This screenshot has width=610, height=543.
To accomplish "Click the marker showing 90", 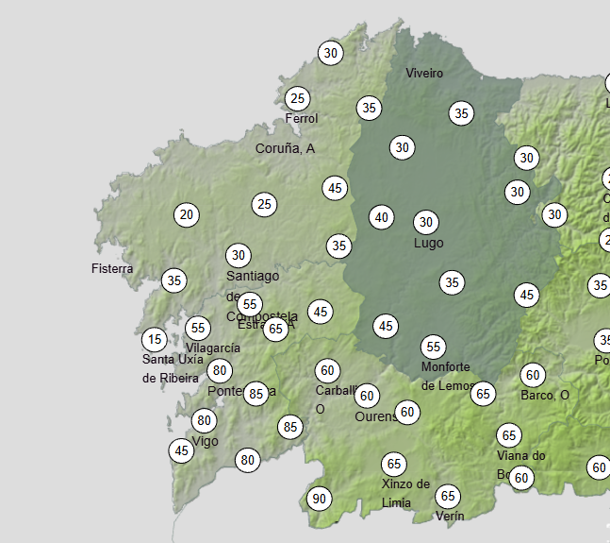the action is pyautogui.click(x=320, y=499).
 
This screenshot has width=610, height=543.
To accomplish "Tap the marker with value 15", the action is pyautogui.click(x=155, y=339).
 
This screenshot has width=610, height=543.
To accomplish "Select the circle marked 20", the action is pyautogui.click(x=187, y=214).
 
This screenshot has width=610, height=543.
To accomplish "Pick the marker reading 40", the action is pyautogui.click(x=381, y=217).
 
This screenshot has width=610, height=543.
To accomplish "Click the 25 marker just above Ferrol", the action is pyautogui.click(x=298, y=98).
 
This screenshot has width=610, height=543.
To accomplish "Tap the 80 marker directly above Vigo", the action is pyautogui.click(x=205, y=420).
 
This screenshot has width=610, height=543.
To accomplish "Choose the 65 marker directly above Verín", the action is pyautogui.click(x=448, y=497).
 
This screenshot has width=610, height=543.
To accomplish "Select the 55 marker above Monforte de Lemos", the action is pyautogui.click(x=433, y=347).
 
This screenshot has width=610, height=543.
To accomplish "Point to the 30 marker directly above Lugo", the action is pyautogui.click(x=426, y=222).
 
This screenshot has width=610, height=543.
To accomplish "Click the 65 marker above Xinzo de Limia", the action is pyautogui.click(x=394, y=464).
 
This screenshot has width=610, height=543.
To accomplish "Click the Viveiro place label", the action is pyautogui.click(x=424, y=73).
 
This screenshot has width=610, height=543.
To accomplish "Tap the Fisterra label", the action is pyautogui.click(x=112, y=268).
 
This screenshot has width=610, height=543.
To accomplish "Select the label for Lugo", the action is pyautogui.click(x=428, y=243).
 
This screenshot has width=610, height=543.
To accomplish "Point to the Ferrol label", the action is pyautogui.click(x=302, y=118).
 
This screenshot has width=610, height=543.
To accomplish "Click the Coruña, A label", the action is pyautogui.click(x=285, y=148).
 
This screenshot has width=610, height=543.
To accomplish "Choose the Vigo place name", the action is pyautogui.click(x=205, y=441).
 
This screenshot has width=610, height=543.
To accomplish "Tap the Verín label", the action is pyautogui.click(x=450, y=516).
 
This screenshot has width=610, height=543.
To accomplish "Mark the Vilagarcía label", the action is pyautogui.click(x=213, y=348).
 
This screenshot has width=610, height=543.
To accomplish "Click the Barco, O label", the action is pyautogui.click(x=545, y=395).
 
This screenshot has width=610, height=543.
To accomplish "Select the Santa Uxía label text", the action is pyautogui.click(x=171, y=359).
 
